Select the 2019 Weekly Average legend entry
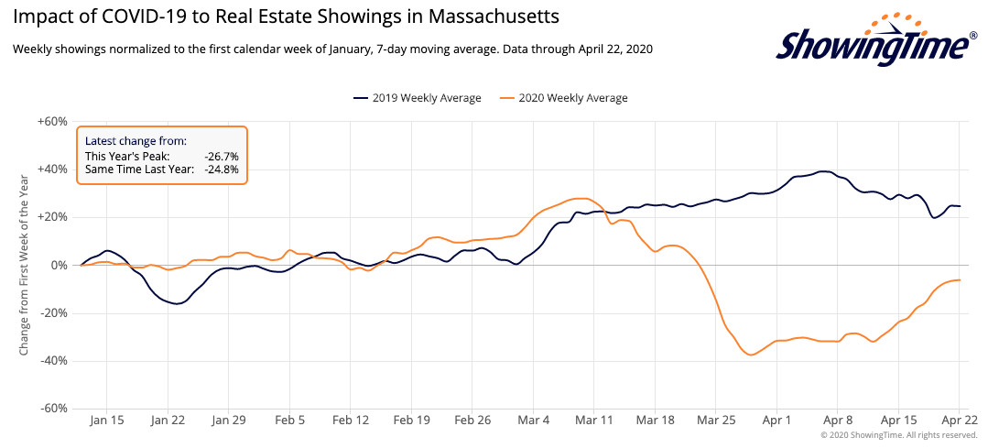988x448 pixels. click(416, 98)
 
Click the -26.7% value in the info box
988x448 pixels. click(222, 157)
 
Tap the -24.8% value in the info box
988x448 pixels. click(222, 169)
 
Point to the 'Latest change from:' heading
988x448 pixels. click(136, 141)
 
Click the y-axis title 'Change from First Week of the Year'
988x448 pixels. click(23, 266)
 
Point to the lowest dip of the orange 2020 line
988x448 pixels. click(752, 355)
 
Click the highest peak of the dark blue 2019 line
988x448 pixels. click(824, 171)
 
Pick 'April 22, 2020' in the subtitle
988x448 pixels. click(610, 49)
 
